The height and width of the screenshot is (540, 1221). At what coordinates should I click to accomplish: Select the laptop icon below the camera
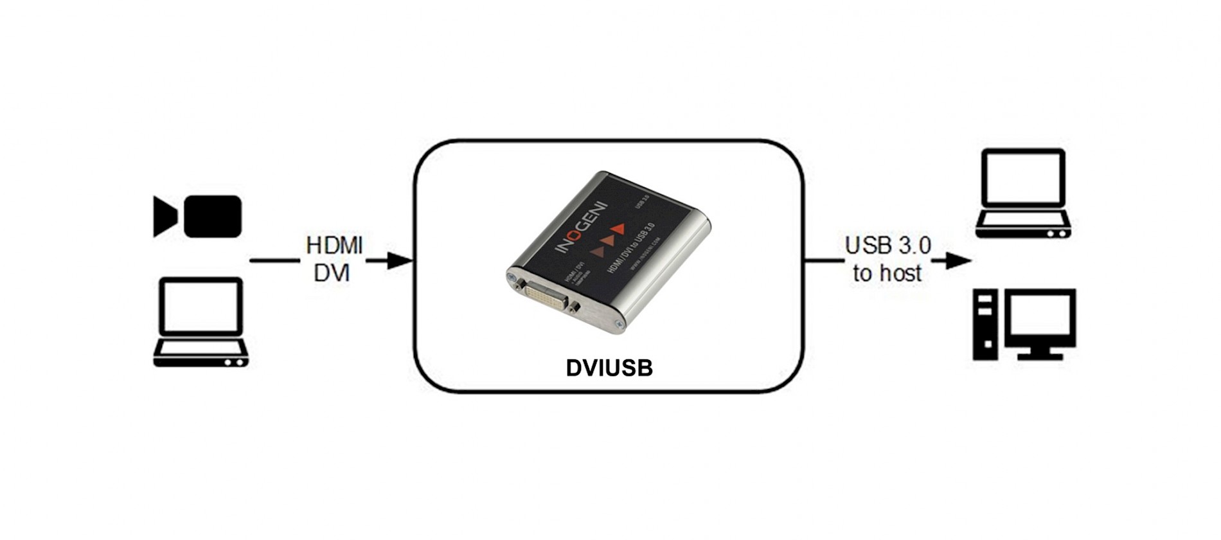(x=201, y=322)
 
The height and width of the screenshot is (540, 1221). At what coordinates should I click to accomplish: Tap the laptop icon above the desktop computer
(x=1023, y=194)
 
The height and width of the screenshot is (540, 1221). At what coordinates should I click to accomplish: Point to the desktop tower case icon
(x=985, y=324)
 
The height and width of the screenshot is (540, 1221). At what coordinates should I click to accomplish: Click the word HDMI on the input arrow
(x=334, y=245)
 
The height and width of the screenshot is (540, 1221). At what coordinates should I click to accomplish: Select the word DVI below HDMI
(x=332, y=273)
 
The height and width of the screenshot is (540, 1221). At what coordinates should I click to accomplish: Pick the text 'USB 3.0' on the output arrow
(x=887, y=245)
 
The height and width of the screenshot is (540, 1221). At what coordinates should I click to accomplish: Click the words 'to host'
(x=887, y=273)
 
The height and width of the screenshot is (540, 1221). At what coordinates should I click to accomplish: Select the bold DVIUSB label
(x=609, y=368)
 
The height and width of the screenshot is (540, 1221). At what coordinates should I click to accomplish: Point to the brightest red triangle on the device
(x=618, y=228)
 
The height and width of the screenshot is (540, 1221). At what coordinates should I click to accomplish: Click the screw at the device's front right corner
(x=618, y=325)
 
